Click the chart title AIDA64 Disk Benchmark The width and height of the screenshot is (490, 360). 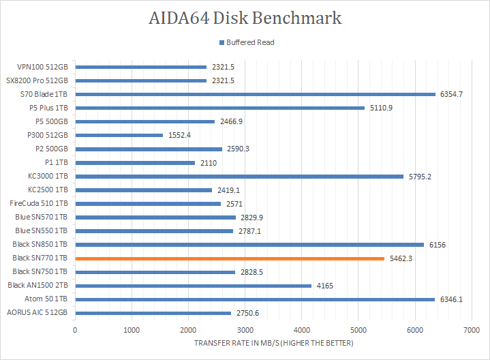[245, 18]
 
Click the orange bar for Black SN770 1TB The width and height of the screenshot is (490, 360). [230, 258]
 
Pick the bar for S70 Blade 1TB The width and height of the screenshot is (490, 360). [255, 94]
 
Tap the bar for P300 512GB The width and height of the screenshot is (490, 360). [119, 135]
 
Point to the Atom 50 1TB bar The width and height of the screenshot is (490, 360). [254, 299]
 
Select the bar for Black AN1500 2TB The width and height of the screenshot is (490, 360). [193, 286]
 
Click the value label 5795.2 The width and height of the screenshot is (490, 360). [419, 176]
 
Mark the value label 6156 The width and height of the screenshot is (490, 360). [437, 244]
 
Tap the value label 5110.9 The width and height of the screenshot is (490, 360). [380, 108]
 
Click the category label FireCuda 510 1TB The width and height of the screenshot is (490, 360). [38, 203]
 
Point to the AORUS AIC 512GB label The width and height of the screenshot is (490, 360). [37, 313]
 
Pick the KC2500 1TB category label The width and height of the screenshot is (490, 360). [48, 190]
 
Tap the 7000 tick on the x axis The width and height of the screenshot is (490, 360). [470, 329]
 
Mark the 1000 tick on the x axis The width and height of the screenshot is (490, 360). [132, 329]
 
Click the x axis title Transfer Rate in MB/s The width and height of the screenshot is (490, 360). [273, 343]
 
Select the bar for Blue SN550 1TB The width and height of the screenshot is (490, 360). [153, 230]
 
